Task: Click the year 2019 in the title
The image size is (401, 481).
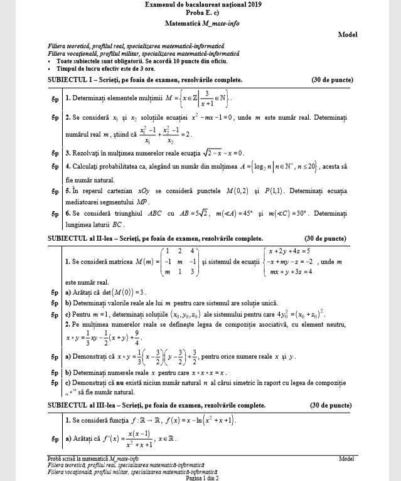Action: [x=254, y=4]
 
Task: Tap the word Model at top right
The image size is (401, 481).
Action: [x=347, y=34]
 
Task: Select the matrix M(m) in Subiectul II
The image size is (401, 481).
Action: [x=173, y=261]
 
